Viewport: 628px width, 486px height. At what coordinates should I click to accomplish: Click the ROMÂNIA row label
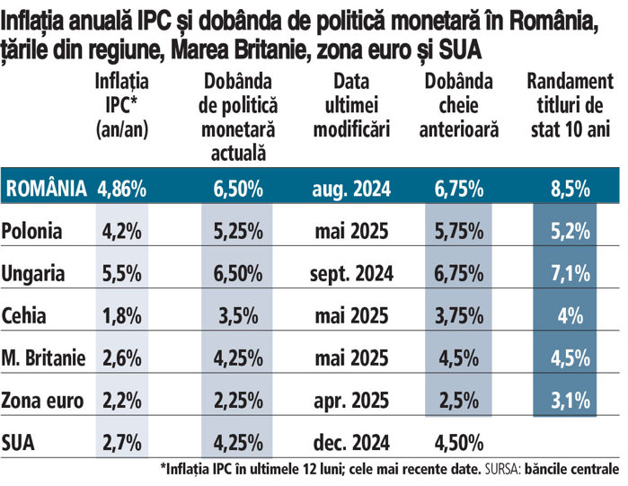coord(47,189)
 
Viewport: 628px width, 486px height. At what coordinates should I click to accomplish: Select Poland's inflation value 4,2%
coord(121,231)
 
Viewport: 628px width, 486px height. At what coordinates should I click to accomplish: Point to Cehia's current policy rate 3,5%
coord(238,315)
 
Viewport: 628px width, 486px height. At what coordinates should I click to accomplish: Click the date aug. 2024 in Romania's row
coord(351,189)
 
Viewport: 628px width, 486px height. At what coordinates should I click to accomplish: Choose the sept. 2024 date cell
coord(351,273)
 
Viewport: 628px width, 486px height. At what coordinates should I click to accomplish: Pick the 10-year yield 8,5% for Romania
coord(571,189)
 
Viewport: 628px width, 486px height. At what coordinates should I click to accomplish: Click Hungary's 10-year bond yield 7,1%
coord(571,273)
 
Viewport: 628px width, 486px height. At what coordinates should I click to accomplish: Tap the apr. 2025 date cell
coord(351,400)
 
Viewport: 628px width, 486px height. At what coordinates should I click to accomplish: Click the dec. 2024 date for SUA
coord(351,442)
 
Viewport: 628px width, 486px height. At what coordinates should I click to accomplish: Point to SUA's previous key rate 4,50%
coord(458,442)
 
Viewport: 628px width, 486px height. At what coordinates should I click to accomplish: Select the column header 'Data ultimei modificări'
coord(350,105)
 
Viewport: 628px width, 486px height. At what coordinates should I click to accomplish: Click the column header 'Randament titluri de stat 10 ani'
coord(570,105)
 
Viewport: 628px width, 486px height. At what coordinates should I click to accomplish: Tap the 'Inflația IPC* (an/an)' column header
coord(121,105)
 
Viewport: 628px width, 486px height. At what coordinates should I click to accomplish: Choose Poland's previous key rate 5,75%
coord(458,231)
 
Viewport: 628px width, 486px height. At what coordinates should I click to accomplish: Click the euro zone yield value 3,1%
coord(571,400)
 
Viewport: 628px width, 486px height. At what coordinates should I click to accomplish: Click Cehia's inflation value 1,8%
coord(121,315)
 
